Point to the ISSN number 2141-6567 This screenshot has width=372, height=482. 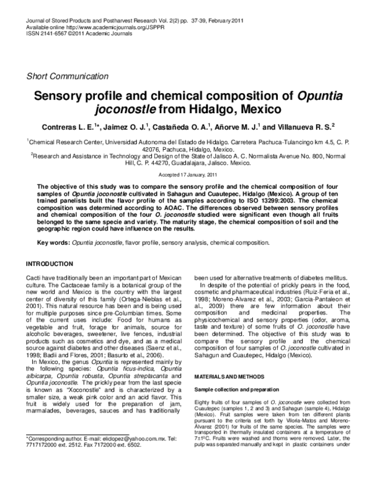click(x=52, y=34)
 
